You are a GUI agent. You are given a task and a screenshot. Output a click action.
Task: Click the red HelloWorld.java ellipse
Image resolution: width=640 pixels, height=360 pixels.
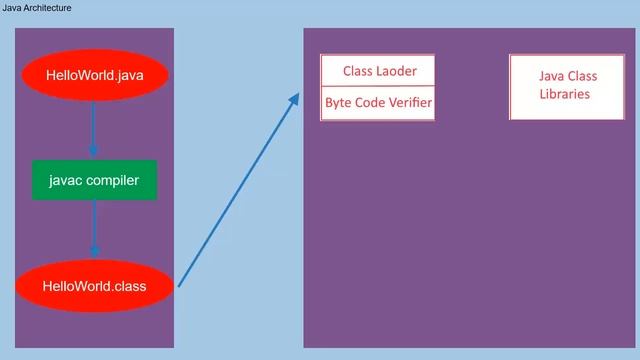[x=94, y=74]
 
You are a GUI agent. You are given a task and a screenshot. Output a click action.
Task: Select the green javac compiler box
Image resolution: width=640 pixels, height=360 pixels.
[x=94, y=180]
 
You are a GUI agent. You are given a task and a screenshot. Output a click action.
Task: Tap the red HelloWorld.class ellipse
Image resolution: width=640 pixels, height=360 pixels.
[x=94, y=286]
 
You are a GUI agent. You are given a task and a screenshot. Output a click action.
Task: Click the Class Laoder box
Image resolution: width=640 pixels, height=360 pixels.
[x=377, y=71]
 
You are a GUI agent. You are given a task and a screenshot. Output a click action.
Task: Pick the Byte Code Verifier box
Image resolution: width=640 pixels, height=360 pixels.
[x=377, y=103]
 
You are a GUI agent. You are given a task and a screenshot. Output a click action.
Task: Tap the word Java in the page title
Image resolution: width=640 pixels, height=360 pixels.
[x=12, y=8]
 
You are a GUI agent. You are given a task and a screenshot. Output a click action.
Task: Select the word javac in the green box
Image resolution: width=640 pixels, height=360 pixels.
[x=65, y=180]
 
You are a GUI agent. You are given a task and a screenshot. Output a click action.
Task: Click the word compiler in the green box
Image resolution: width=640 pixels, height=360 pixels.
[x=112, y=180]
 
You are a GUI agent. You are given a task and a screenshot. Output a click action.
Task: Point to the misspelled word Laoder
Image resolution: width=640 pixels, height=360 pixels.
[x=396, y=71]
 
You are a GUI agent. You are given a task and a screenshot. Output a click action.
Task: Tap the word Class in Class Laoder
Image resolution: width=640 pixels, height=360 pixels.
[x=358, y=71]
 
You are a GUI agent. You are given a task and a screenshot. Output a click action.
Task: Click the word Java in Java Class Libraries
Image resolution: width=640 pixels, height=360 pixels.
[x=551, y=76]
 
